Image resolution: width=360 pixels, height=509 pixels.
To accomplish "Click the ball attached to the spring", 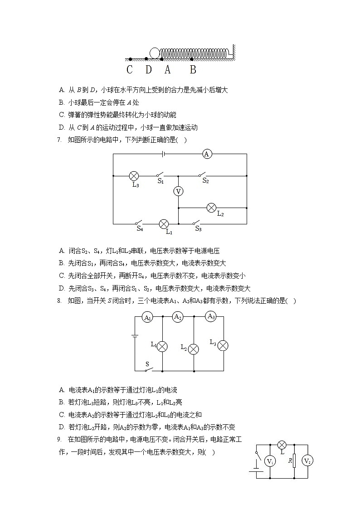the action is pyautogui.click(x=155, y=53).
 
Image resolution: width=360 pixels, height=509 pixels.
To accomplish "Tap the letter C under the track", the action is pyautogui.click(x=130, y=70).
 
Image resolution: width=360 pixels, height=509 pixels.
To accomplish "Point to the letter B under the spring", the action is pyautogui.click(x=193, y=70).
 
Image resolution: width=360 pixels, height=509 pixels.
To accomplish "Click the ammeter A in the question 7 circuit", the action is pyautogui.click(x=207, y=154).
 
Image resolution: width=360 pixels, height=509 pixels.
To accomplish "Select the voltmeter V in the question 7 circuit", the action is pyautogui.click(x=178, y=192).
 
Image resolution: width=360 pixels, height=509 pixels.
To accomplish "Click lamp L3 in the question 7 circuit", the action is pyautogui.click(x=134, y=175).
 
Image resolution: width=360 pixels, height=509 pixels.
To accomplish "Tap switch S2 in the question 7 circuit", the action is pyautogui.click(x=202, y=175).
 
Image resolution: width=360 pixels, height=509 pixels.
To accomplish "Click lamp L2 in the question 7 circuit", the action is pyautogui.click(x=211, y=208).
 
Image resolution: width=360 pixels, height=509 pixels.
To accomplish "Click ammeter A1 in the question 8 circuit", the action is pyautogui.click(x=147, y=318).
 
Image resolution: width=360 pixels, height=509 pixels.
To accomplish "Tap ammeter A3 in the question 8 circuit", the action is pyautogui.click(x=211, y=316).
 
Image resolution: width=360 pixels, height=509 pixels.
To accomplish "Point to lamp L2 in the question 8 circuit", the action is pyautogui.click(x=194, y=349).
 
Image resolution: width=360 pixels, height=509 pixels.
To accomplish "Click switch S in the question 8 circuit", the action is pyautogui.click(x=148, y=369).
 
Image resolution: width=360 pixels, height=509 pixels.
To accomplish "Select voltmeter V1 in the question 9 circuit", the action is pyautogui.click(x=270, y=461).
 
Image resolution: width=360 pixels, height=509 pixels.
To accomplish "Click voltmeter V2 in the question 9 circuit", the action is pyautogui.click(x=307, y=461).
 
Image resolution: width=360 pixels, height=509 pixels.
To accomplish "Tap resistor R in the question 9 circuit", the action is pyautogui.click(x=294, y=461).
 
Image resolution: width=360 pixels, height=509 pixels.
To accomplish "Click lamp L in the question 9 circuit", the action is pyautogui.click(x=282, y=444).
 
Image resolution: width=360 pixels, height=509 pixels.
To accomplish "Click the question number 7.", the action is pyautogui.click(x=59, y=140).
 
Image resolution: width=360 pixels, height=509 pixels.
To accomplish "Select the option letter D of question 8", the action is pyautogui.click(x=62, y=427).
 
